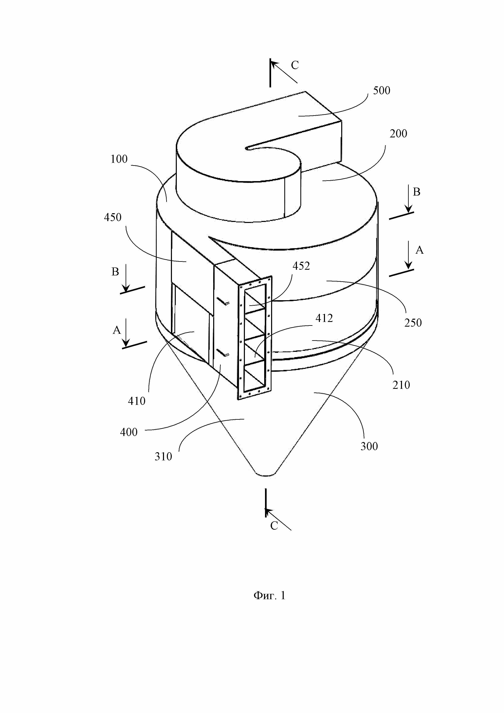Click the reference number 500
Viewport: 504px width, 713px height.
click(x=381, y=91)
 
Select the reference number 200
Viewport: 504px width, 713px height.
click(x=398, y=134)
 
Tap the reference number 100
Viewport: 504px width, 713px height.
click(x=119, y=159)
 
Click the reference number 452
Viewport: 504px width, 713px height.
click(x=301, y=266)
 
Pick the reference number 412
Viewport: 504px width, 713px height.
click(x=324, y=318)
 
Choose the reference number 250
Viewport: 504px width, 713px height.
click(x=413, y=323)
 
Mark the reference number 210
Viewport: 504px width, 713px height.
click(x=401, y=385)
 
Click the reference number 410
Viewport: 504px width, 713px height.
click(x=137, y=401)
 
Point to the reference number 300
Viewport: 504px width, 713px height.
click(x=369, y=447)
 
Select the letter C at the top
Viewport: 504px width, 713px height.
click(x=294, y=65)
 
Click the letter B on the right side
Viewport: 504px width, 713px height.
click(x=416, y=192)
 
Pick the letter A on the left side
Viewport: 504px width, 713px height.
click(x=116, y=330)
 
